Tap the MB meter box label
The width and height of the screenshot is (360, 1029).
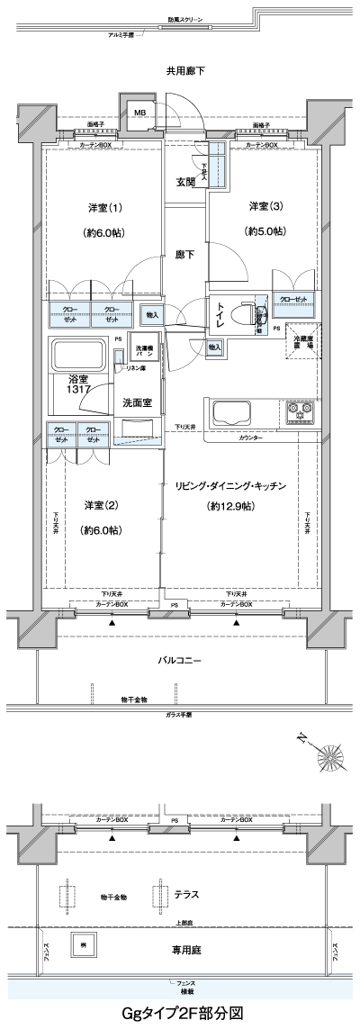click(x=139, y=112)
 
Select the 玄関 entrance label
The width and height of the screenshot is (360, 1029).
click(x=185, y=182)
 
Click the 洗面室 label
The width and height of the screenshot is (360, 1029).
click(x=137, y=402)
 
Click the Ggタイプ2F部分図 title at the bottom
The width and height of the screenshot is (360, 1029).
click(x=183, y=1014)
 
